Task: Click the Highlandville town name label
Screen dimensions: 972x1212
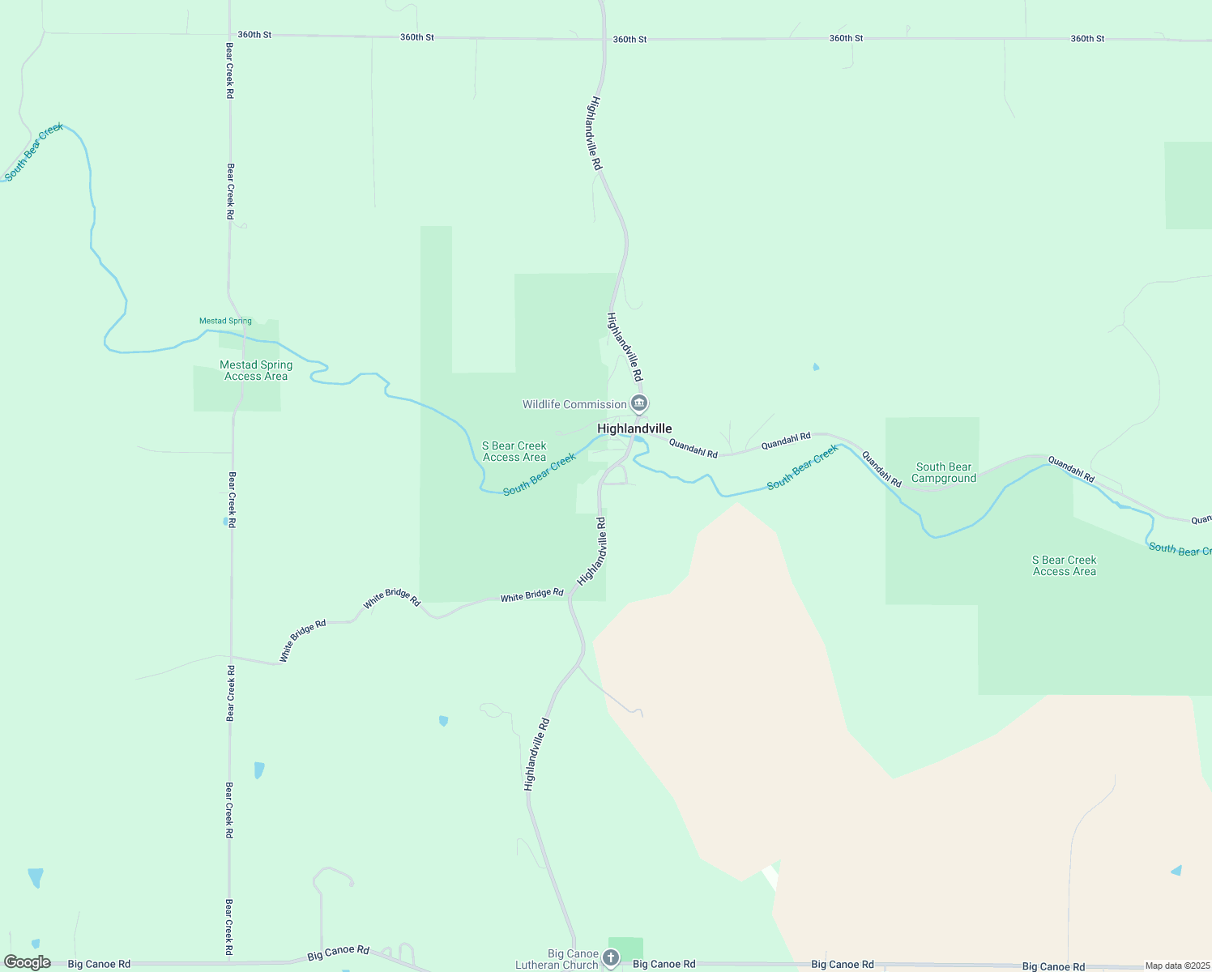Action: (x=634, y=428)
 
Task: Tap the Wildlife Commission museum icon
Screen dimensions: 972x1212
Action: (x=639, y=403)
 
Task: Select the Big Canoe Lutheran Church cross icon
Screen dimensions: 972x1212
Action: (x=610, y=959)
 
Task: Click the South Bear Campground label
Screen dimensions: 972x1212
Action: (x=944, y=472)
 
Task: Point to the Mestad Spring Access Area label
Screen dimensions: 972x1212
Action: (x=256, y=370)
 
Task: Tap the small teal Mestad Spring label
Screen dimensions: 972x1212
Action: (x=225, y=321)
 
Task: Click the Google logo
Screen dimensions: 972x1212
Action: (x=27, y=962)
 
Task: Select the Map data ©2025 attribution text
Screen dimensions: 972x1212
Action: (x=1177, y=966)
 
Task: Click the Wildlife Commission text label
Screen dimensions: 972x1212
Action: (x=574, y=404)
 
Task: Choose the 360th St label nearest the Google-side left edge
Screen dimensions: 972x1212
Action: (x=254, y=35)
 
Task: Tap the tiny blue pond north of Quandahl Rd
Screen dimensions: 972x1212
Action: (x=816, y=367)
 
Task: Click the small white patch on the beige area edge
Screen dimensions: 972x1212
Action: (x=770, y=876)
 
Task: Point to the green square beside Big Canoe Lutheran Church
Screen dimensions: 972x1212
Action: (x=625, y=947)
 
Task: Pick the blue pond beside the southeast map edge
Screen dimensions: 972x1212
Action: (x=1176, y=871)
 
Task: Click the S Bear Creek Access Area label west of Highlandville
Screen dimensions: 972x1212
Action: (x=514, y=451)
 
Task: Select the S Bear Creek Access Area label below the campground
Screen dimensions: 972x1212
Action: (x=1064, y=565)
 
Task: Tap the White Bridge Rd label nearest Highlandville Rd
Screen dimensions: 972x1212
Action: (x=531, y=595)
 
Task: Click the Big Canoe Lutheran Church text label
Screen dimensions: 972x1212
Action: (x=557, y=959)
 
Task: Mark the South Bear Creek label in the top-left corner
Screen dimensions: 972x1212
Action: (x=33, y=151)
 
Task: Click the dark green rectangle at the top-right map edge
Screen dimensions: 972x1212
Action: (x=1188, y=185)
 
